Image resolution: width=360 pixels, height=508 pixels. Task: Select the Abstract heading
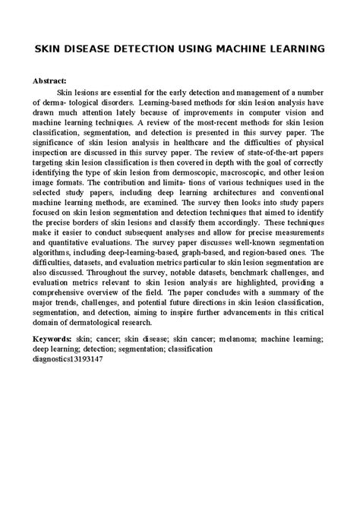click(49, 79)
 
